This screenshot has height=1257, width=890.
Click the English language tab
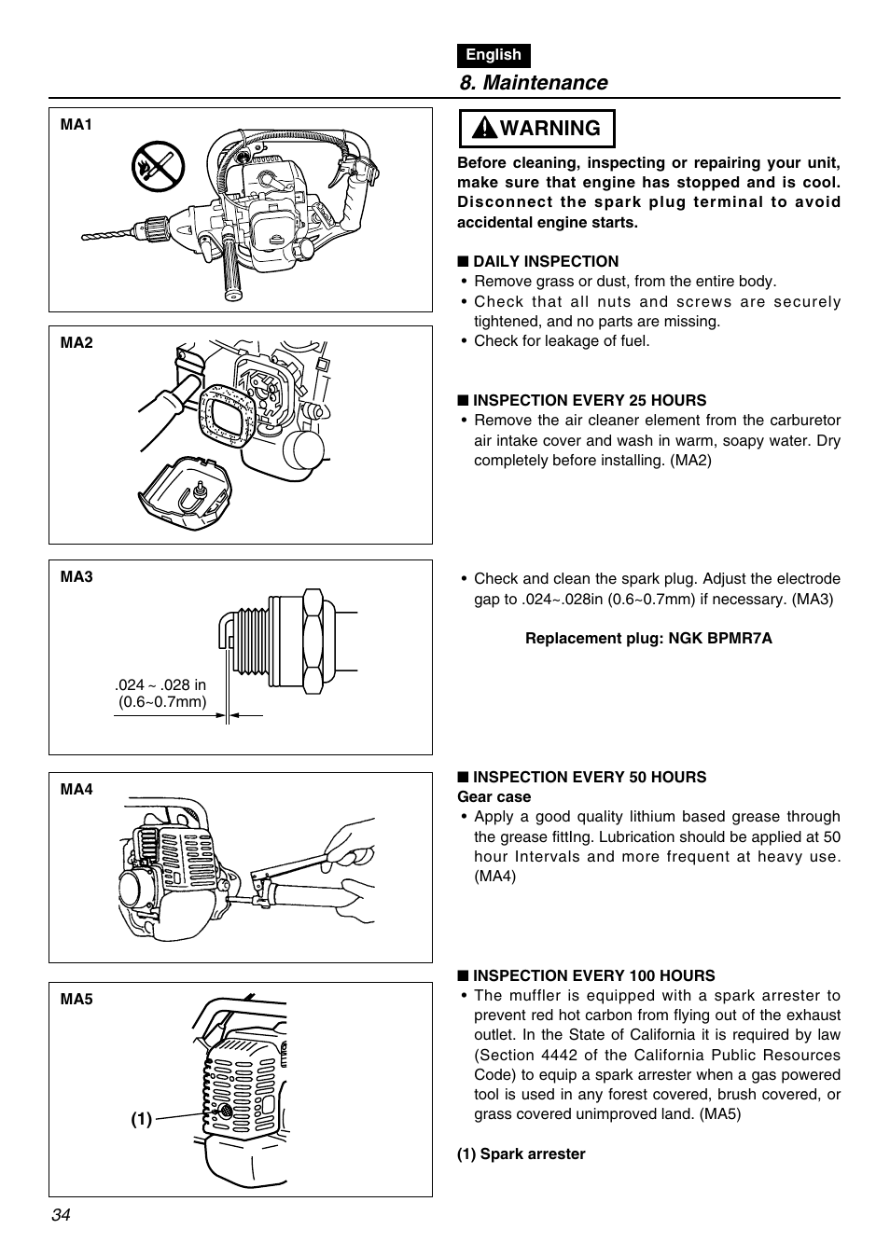(x=494, y=55)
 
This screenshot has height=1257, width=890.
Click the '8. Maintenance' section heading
(x=533, y=83)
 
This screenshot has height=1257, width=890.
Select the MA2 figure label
(x=76, y=343)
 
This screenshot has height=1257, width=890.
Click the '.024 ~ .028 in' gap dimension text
(x=160, y=685)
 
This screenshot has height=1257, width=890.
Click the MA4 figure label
(x=76, y=790)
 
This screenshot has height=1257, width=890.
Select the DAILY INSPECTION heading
(x=545, y=262)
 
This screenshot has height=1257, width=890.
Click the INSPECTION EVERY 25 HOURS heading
(x=589, y=401)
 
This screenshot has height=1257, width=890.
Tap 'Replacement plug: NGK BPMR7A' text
(x=648, y=639)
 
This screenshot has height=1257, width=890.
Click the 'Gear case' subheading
(x=494, y=797)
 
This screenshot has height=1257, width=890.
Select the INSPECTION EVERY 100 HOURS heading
(x=593, y=976)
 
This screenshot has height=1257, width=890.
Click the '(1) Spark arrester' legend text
(x=521, y=1154)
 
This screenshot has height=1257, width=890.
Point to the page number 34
(x=62, y=1215)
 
